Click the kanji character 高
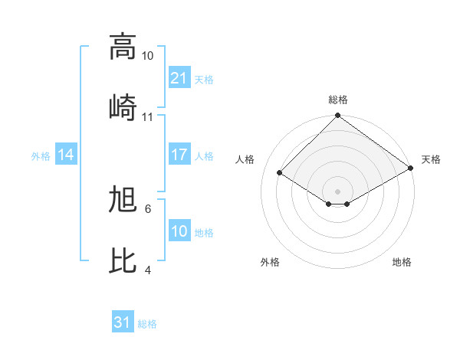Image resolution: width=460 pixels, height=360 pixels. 123,47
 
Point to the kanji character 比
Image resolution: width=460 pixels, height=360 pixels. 123,260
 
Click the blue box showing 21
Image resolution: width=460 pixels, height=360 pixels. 179,78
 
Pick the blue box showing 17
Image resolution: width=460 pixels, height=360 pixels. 179,155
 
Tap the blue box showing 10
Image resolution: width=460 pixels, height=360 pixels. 179,231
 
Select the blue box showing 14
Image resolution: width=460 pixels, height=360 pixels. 66,155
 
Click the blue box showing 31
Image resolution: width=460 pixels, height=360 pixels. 123,322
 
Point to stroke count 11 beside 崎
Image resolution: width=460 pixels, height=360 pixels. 148,116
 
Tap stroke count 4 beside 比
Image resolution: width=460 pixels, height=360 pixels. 148,270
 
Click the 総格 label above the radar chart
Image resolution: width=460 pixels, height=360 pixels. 338,100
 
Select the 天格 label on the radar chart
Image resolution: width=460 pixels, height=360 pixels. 431,159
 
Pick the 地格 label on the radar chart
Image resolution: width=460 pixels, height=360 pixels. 402,263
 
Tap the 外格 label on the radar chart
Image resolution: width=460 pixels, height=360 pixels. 270,263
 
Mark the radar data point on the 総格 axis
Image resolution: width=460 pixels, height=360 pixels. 337,116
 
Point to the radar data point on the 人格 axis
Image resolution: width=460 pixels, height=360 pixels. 280,173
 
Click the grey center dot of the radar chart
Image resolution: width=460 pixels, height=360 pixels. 337,191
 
